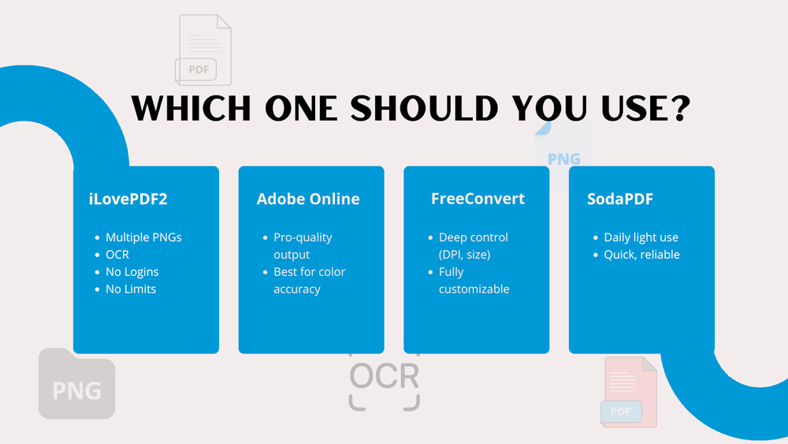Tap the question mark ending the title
[671, 109]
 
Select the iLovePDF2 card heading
[128, 199]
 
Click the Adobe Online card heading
[308, 199]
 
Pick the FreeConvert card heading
[478, 199]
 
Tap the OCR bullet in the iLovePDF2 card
[117, 255]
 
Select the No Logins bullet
[132, 272]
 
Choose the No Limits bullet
[131, 289]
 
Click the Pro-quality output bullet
[303, 246]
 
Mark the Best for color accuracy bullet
[309, 281]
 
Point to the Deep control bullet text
[474, 246]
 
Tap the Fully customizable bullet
[474, 281]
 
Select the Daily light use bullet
[641, 237]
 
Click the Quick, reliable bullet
[641, 255]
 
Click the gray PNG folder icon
[76, 383]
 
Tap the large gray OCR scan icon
[384, 379]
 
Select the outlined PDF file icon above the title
[203, 50]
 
